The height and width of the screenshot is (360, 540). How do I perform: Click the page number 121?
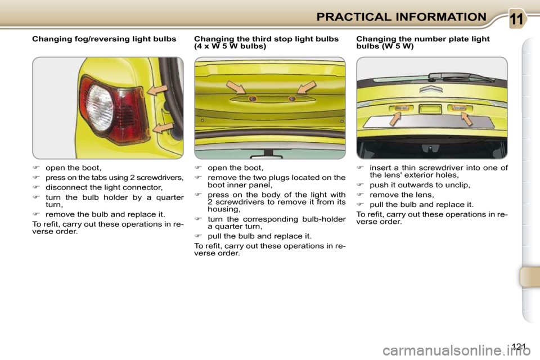click(521, 345)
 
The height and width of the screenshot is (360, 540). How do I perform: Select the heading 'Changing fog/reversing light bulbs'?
click(104, 39)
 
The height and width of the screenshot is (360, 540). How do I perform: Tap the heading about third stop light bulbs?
click(266, 43)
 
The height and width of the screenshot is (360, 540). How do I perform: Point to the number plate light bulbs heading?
click(423, 43)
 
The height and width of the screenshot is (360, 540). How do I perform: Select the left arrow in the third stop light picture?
click(236, 87)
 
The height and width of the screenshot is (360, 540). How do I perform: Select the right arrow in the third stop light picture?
click(307, 87)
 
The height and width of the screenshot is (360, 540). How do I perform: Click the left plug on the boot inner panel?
click(253, 98)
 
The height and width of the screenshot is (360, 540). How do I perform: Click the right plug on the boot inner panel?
click(291, 98)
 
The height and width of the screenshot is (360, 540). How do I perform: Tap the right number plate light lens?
click(460, 107)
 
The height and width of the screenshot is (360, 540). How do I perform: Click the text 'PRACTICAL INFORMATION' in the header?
click(401, 16)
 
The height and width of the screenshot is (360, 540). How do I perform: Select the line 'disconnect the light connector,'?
click(104, 187)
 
